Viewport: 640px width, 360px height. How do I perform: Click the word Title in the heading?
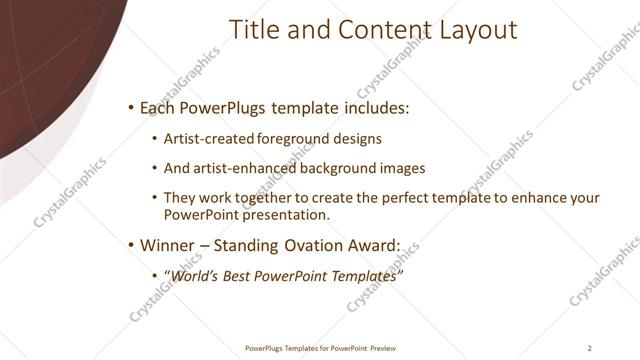[x=256, y=30]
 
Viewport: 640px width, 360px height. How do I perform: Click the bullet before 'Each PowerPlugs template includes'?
[x=131, y=107]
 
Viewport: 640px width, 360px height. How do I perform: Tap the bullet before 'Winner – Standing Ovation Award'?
[x=131, y=244]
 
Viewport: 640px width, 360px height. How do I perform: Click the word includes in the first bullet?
[x=379, y=107]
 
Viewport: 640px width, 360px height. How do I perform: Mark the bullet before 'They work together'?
[x=154, y=198]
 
